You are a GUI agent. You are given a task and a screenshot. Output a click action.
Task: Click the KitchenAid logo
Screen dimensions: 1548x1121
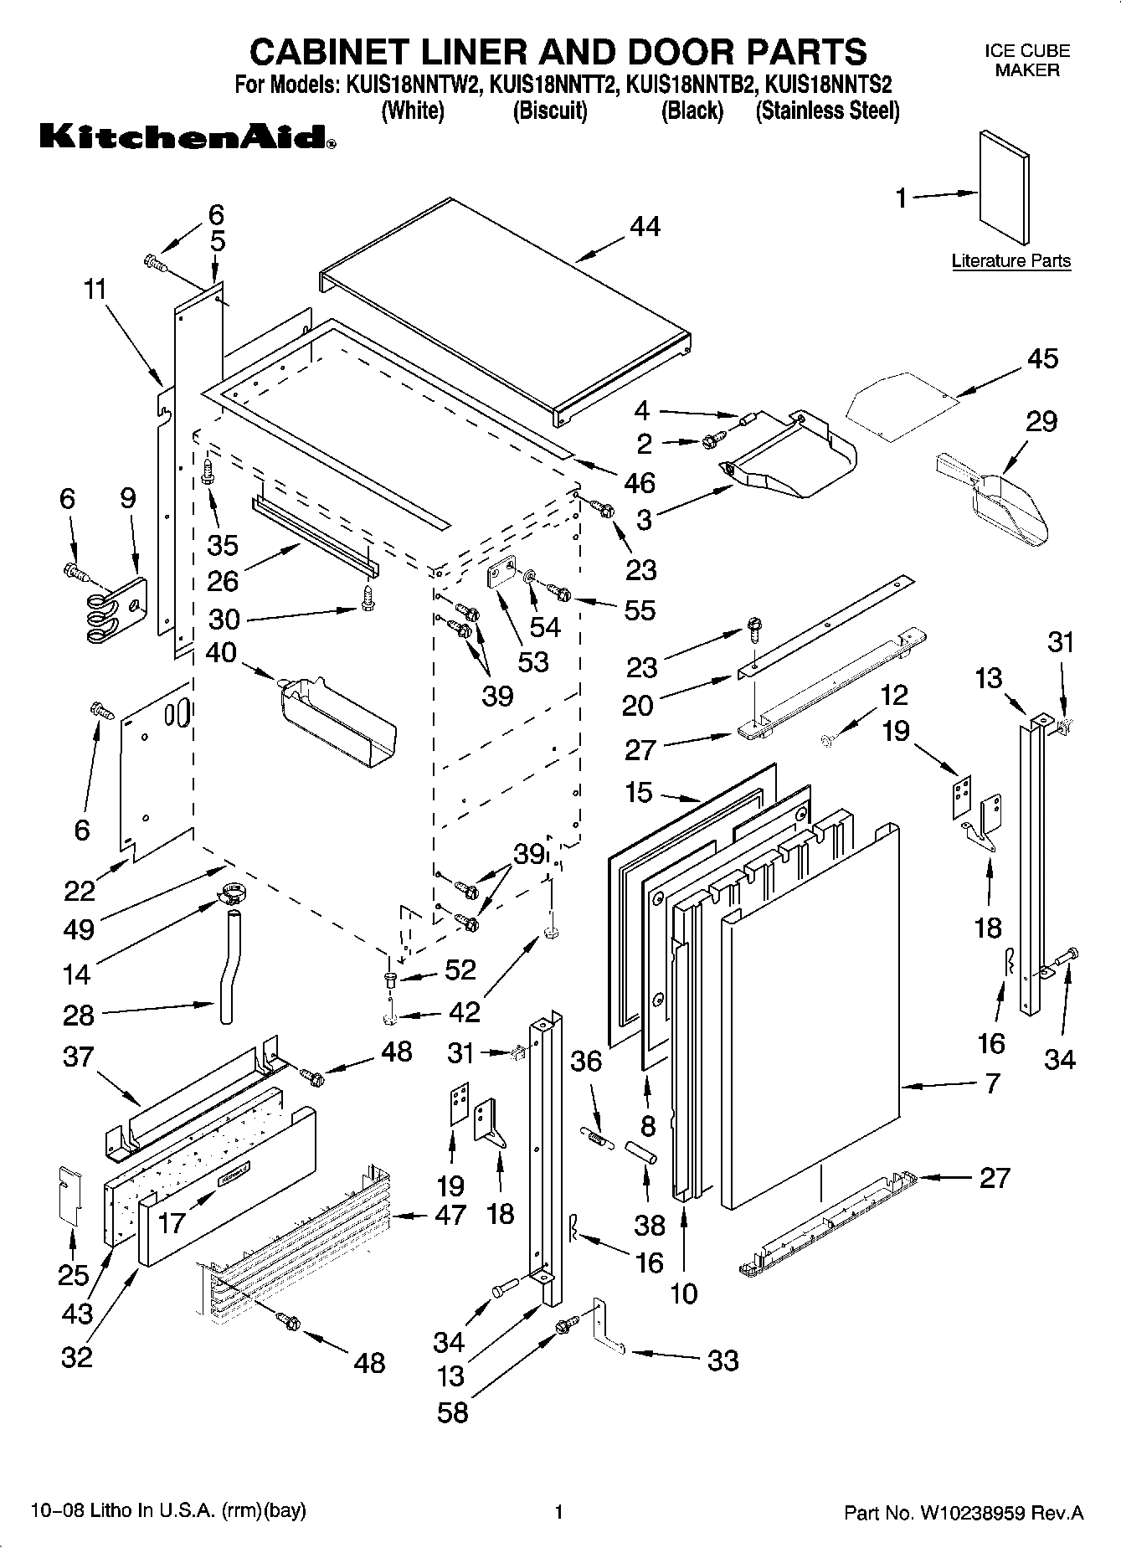point(188,136)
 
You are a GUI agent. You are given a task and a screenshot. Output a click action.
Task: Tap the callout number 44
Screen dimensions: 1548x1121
point(645,227)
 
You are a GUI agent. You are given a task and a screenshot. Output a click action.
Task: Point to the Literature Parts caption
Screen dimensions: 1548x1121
point(1010,261)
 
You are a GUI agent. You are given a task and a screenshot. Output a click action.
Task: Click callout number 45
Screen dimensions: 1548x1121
point(1043,358)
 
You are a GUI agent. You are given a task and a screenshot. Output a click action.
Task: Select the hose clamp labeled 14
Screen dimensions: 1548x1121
point(227,895)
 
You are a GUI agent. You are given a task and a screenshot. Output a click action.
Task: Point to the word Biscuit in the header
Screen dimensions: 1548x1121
point(550,111)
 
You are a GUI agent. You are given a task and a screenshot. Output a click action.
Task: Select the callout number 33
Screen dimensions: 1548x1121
point(722,1360)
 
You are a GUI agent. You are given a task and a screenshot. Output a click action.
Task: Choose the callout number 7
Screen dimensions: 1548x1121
point(992,1084)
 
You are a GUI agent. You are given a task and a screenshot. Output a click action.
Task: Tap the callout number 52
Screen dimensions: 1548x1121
point(460,971)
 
